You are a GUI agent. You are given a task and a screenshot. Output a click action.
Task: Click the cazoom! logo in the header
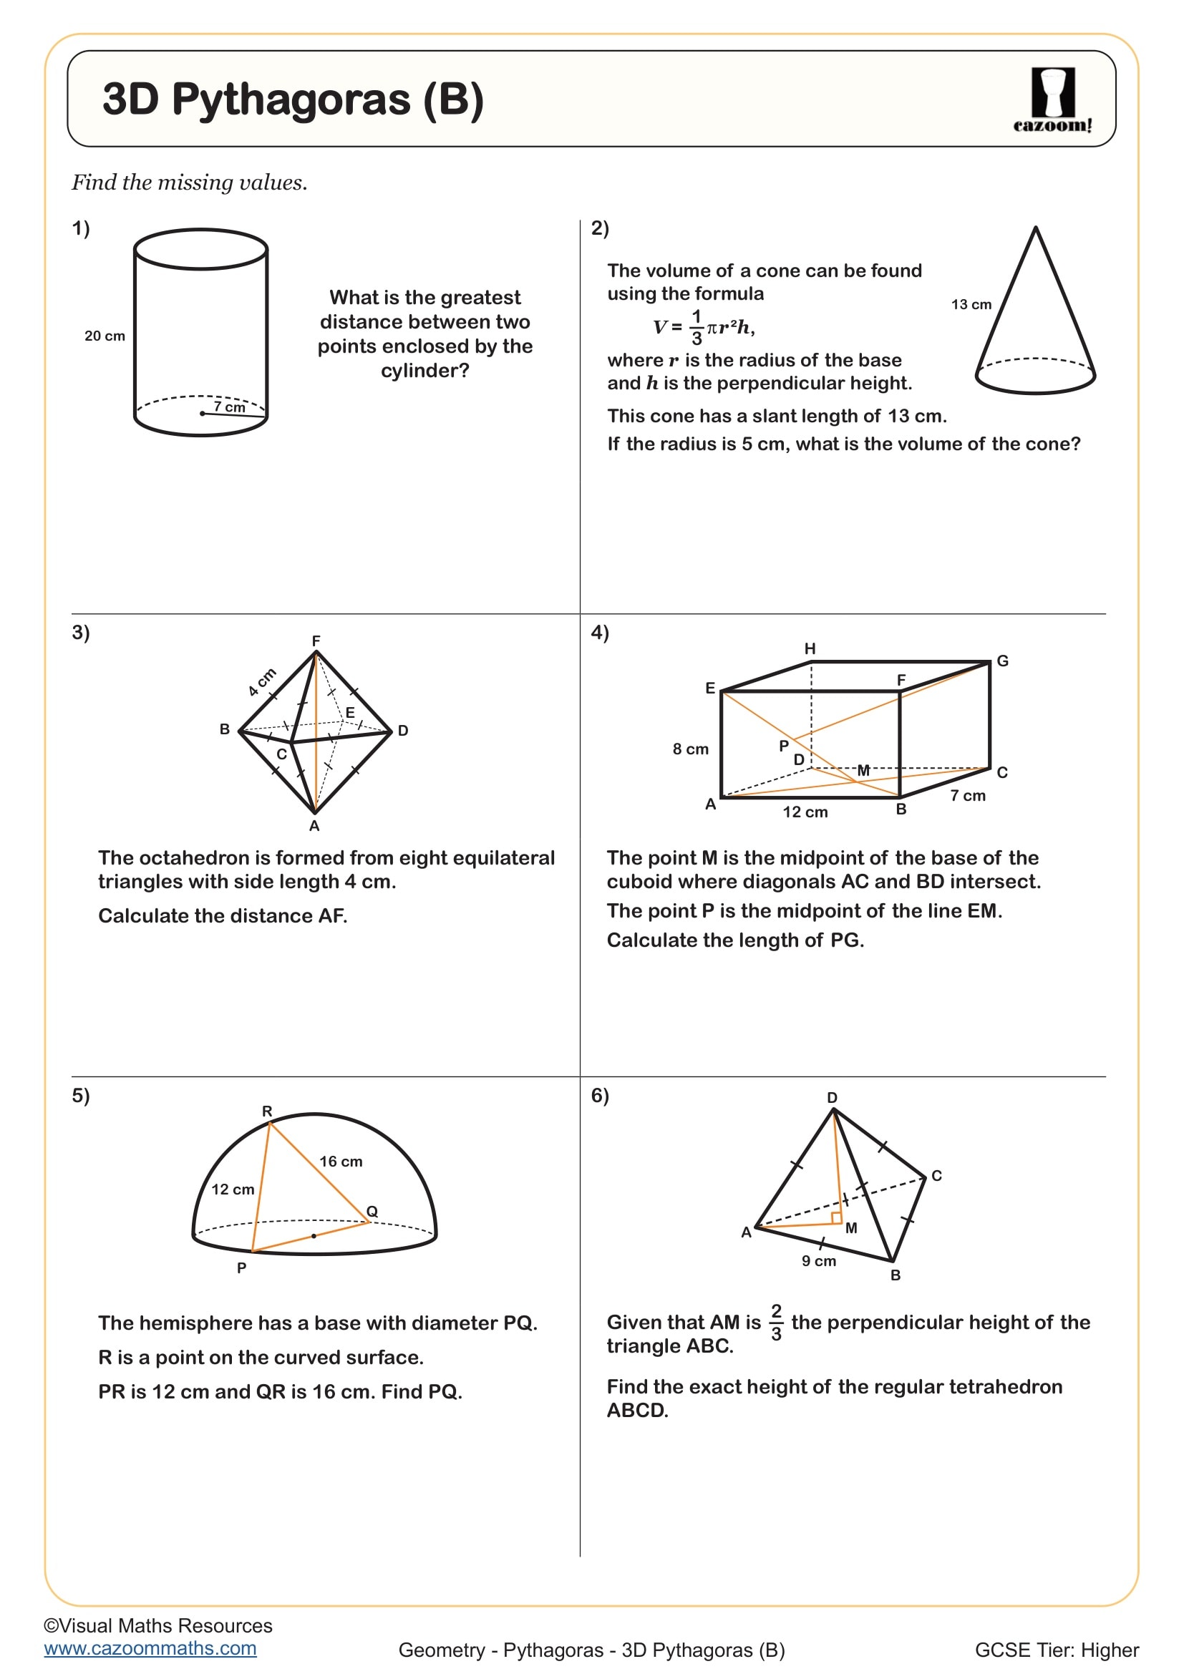pos(1052,101)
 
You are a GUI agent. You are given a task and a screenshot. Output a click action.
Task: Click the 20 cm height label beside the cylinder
pos(105,336)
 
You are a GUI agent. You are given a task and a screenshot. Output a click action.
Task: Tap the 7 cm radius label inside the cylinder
pos(229,407)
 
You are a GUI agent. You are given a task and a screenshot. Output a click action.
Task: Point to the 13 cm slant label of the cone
pos(971,304)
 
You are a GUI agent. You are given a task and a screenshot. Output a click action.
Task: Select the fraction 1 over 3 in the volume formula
pos(697,327)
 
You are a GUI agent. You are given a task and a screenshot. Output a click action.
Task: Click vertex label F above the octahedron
pos(316,641)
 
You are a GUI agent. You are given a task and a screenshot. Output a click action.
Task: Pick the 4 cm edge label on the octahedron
pos(262,682)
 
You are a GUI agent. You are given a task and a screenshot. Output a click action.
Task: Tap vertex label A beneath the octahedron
pos(314,826)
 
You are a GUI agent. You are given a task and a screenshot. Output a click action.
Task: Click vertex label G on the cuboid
pos(1002,661)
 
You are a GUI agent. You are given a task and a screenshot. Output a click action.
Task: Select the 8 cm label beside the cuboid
pos(689,749)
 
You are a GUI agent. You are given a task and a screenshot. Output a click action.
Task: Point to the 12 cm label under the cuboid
pos(805,812)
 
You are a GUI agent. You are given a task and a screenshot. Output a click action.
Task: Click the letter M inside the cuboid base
pos(863,771)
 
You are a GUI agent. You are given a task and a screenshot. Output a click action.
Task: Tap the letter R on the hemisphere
pos(267,1111)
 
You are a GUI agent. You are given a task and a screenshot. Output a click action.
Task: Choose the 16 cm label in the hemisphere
pos(341,1162)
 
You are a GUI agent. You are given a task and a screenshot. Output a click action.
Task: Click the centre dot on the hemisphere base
pos(314,1236)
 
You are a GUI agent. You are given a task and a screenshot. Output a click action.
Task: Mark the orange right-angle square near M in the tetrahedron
pos(836,1217)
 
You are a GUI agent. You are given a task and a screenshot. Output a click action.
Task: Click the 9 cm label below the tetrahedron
pos(819,1260)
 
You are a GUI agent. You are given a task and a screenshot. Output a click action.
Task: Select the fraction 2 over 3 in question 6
pos(776,1322)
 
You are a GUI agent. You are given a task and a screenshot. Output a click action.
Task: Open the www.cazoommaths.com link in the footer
pos(150,1648)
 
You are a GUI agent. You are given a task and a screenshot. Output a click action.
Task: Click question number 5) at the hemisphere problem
pos(80,1095)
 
